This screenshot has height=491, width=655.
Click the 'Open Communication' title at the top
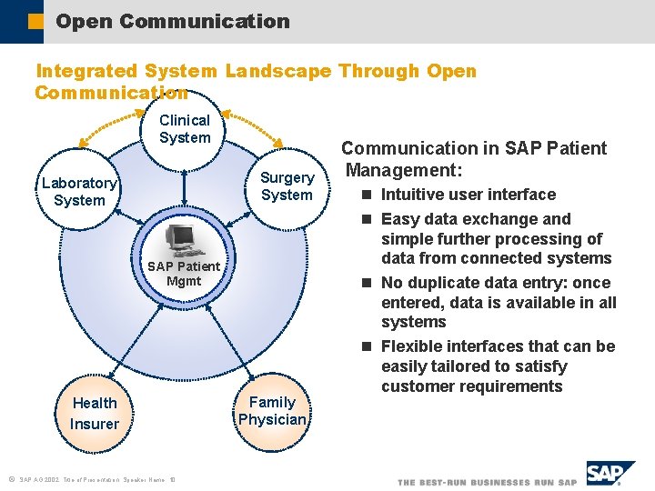pos(172,21)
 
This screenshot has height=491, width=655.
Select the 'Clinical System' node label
pos(185,129)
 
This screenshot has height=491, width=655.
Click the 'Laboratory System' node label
pos(79,192)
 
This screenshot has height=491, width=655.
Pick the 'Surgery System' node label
pos(287,186)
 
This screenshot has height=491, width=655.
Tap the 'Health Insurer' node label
pos(95,414)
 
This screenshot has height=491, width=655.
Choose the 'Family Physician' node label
pos(272,411)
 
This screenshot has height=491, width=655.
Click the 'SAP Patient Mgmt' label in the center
pos(183,274)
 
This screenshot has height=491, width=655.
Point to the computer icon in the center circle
pos(182,239)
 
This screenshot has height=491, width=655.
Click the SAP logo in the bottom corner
pos(611,474)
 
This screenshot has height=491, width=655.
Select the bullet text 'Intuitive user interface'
pos(468,195)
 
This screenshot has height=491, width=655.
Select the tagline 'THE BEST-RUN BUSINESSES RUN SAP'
pos(487,482)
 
